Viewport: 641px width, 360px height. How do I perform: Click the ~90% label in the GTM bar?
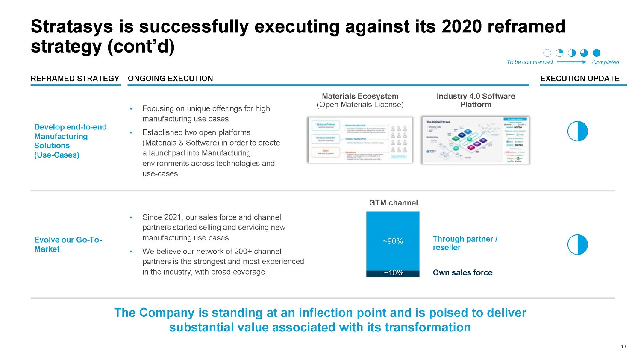pos(393,241)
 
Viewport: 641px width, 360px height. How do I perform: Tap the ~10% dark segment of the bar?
pos(393,273)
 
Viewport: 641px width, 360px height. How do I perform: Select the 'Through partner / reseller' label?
pos(465,243)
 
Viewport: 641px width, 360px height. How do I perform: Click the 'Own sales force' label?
pos(462,272)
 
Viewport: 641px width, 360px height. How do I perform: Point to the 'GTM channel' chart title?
pos(393,203)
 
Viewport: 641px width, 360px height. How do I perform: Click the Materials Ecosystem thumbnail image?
pos(360,140)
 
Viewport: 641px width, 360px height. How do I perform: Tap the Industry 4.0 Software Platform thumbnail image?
pos(475,140)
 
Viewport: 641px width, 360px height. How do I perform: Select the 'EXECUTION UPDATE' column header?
pos(579,79)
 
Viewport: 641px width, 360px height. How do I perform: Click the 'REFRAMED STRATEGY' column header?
pos(75,79)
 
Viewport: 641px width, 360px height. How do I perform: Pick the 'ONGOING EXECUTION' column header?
pos(170,79)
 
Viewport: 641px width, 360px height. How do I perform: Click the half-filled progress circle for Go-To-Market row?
pos(577,245)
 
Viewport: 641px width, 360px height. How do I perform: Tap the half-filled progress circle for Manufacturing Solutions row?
pos(577,131)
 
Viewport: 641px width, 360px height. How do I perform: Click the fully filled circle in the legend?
pos(597,53)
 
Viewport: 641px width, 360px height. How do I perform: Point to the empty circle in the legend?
pos(547,53)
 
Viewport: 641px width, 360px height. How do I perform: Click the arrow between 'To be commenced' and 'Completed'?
pos(572,62)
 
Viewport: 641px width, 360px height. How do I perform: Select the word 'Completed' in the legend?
pos(605,62)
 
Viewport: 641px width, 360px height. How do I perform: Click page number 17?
pos(623,347)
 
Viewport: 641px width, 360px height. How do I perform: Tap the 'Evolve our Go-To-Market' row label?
pos(68,244)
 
